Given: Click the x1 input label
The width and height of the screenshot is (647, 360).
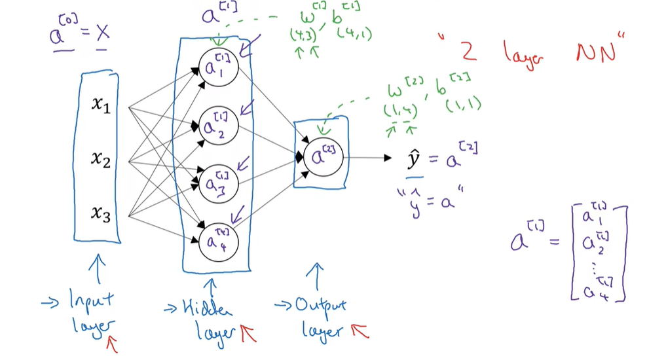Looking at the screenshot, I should tap(100, 105).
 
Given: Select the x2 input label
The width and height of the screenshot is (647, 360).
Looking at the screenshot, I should tap(100, 158).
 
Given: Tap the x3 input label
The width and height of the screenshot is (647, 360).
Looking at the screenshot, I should tap(100, 213).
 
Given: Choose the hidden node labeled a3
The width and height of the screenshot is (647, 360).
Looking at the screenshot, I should tap(217, 179).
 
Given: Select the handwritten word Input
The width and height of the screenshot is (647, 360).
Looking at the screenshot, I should tap(90, 301).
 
